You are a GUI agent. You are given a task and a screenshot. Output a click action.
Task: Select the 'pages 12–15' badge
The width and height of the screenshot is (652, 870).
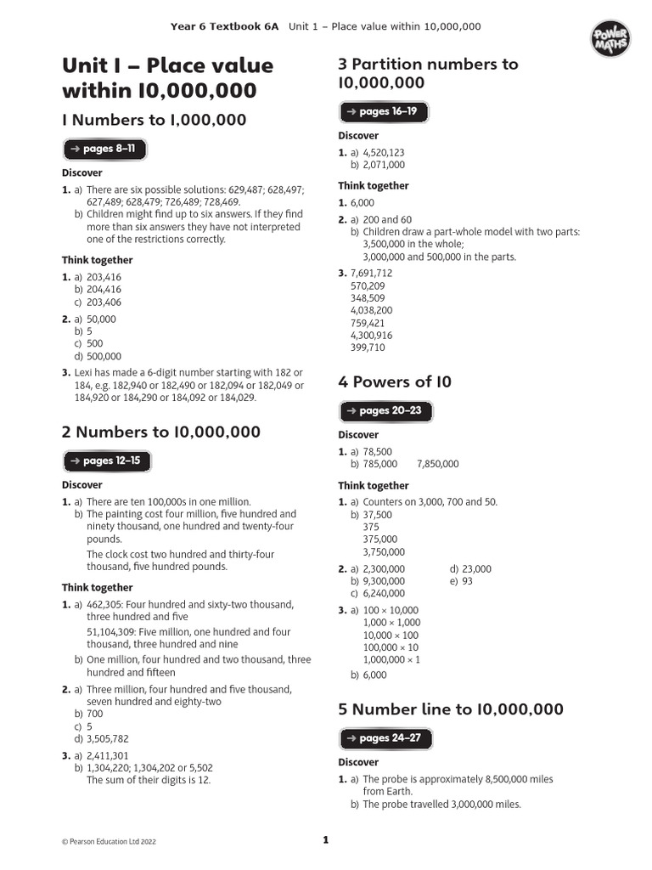coord(106,461)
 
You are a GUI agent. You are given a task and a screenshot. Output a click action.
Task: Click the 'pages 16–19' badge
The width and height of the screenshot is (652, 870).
coord(383,112)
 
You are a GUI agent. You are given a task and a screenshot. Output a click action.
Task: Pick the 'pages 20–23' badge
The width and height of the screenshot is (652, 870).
coord(385,411)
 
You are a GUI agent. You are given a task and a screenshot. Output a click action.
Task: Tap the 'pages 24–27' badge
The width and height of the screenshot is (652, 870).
coord(385,738)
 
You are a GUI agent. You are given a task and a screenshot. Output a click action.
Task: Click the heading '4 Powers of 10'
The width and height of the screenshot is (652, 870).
coord(395,382)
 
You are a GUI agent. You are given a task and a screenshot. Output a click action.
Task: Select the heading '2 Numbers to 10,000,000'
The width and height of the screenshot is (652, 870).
coord(161,432)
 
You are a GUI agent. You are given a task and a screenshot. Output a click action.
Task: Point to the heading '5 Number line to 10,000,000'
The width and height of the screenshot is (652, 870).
coord(451,709)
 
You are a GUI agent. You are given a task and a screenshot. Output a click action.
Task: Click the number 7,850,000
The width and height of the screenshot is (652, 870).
coord(438,464)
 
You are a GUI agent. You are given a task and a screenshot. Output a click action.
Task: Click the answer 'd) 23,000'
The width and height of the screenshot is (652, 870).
coord(470,569)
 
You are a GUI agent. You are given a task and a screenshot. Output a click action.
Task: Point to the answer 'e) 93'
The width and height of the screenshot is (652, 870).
coord(462,581)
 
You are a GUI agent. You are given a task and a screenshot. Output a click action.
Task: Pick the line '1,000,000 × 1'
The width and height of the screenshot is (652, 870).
coord(391,659)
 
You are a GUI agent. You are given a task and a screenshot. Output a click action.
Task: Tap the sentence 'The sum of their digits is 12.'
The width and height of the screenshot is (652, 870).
coord(149,780)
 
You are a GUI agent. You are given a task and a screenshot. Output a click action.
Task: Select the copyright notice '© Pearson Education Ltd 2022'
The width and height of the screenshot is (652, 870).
coord(109,842)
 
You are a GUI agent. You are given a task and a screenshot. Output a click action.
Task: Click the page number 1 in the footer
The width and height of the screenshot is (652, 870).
coord(325,841)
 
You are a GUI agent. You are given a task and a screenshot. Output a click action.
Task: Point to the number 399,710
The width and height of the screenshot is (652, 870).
coord(368,347)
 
